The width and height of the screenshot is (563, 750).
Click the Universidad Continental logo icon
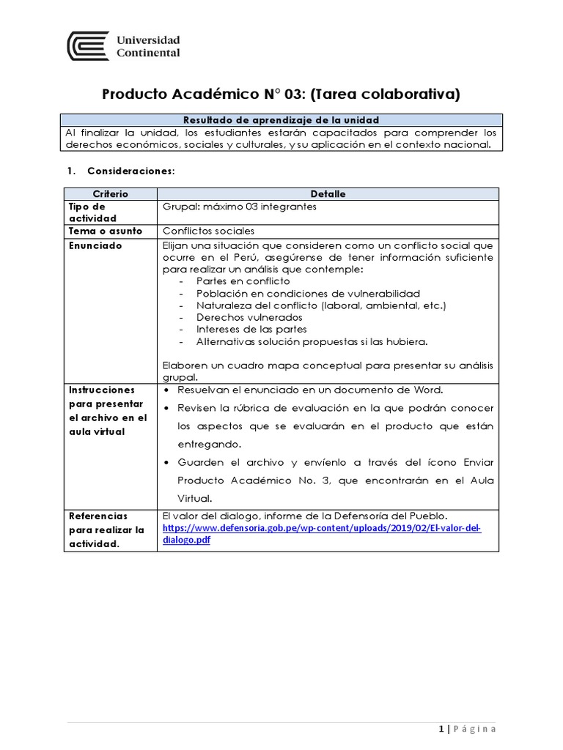88,45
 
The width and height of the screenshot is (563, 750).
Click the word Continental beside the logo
148,53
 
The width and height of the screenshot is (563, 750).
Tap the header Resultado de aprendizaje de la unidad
281,120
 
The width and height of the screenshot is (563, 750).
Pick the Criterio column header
109,194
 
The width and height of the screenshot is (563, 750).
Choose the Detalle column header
328,194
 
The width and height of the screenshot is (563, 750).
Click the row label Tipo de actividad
92,212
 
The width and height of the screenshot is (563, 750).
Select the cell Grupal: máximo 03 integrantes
240,207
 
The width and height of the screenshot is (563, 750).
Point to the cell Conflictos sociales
208,231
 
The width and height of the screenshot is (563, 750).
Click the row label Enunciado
95,246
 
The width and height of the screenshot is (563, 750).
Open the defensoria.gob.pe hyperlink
321,533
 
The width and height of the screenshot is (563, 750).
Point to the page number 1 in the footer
441,729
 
